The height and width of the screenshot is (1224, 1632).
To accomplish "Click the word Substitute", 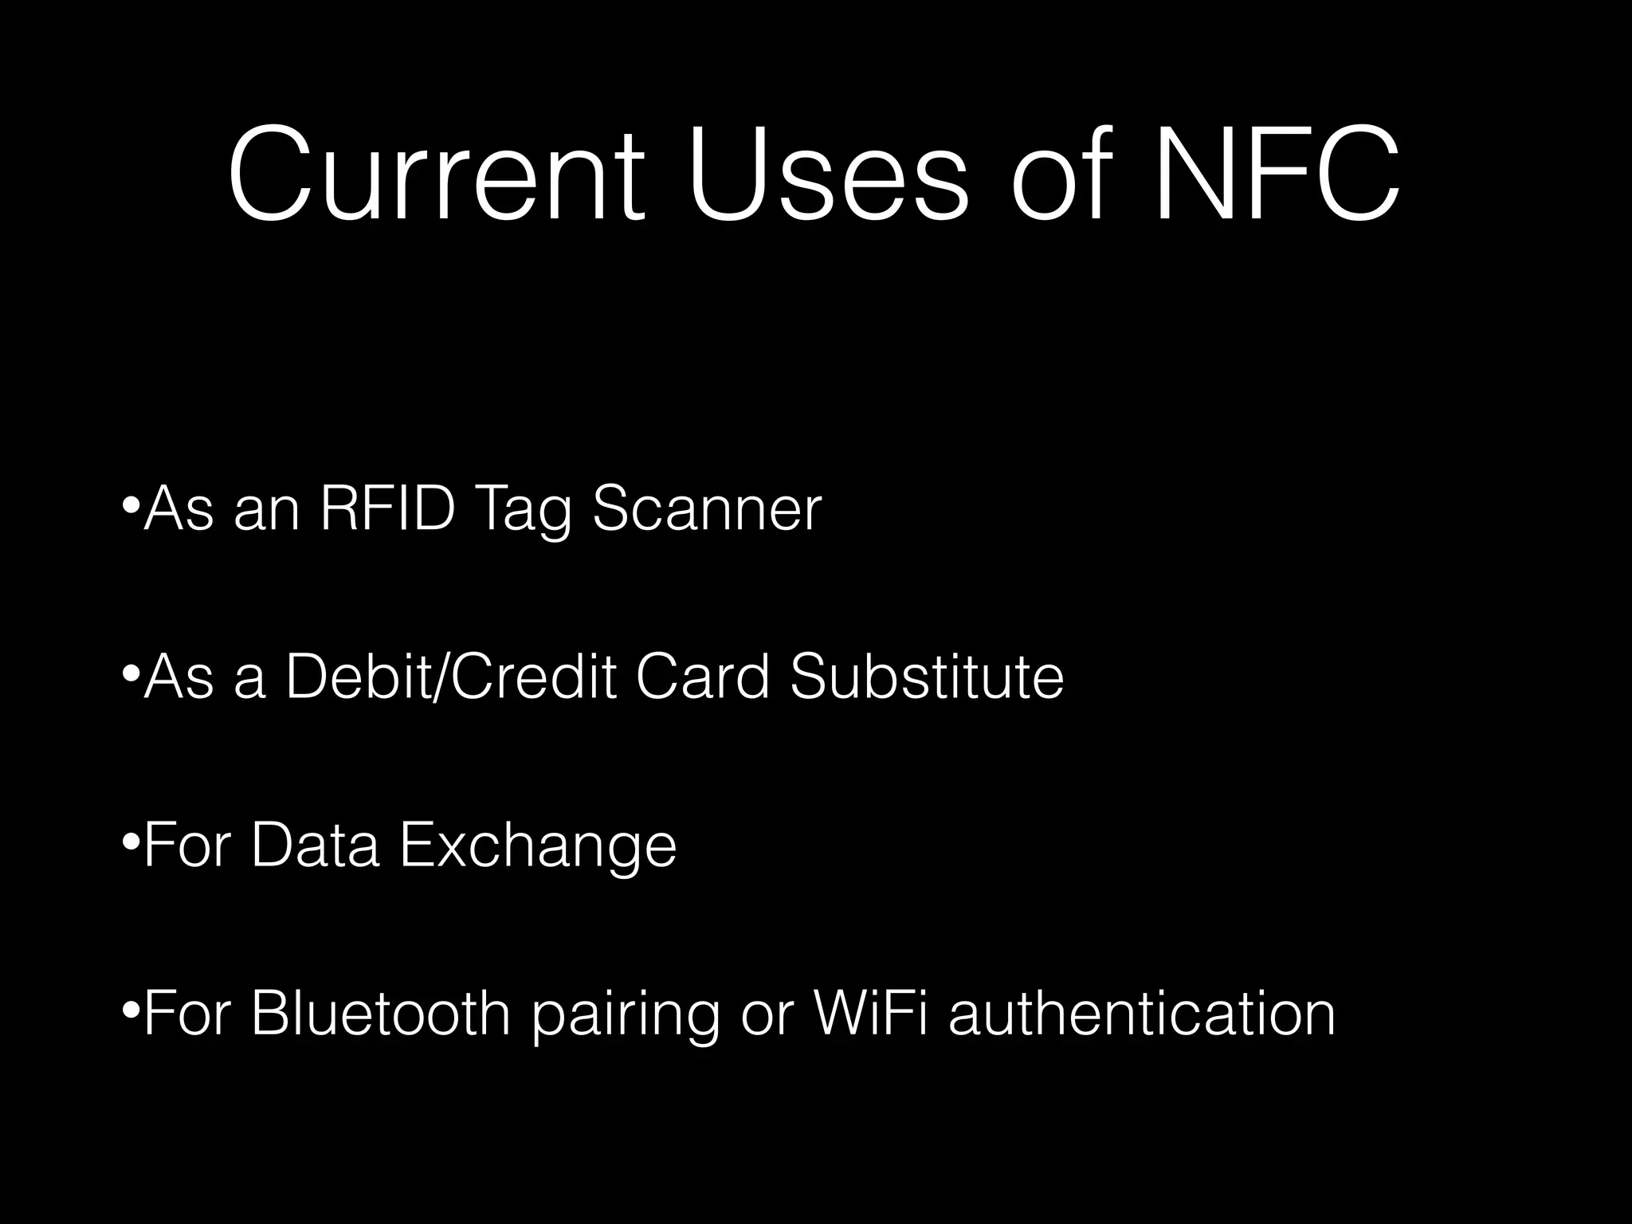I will (x=927, y=677).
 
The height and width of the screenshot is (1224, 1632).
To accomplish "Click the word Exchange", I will (x=538, y=846).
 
